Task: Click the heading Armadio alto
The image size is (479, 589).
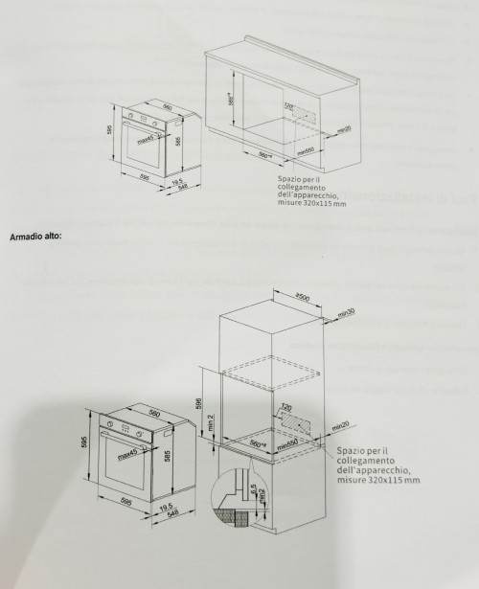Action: (34, 233)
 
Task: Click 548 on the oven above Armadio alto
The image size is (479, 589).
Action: (177, 188)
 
